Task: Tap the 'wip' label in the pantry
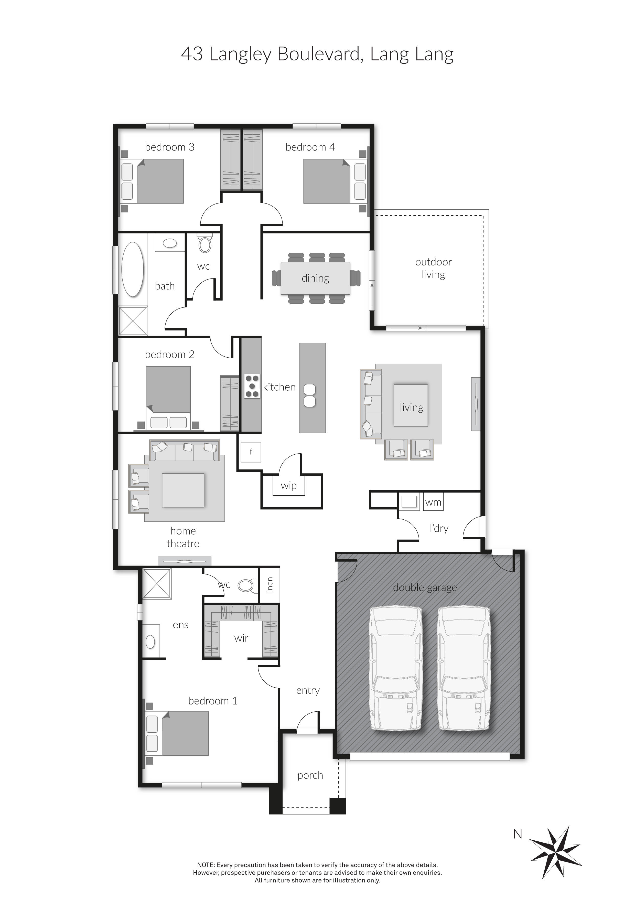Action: click(x=288, y=486)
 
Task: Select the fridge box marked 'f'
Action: click(x=251, y=452)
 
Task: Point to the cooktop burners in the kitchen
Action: click(x=252, y=386)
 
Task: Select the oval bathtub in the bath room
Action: click(x=133, y=270)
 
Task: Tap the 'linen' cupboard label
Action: click(x=270, y=585)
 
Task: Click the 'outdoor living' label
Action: click(x=433, y=268)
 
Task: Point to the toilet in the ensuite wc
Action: click(x=245, y=585)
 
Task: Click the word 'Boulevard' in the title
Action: click(x=318, y=54)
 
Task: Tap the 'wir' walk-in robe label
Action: click(x=241, y=638)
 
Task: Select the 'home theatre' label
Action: click(x=183, y=537)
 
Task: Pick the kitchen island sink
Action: click(x=310, y=395)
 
